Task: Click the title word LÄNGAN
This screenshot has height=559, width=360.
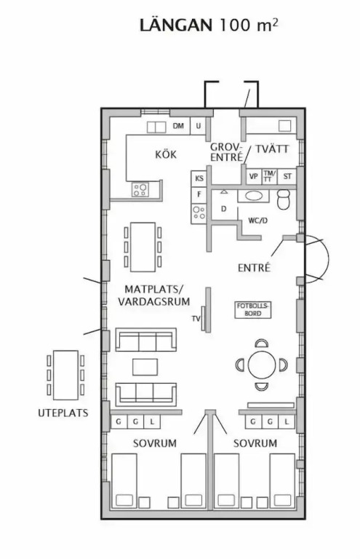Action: coord(175,25)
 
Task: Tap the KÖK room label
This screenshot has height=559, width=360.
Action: coord(166,154)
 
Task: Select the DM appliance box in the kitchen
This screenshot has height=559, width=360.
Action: coord(178,126)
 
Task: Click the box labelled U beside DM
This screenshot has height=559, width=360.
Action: coord(199,126)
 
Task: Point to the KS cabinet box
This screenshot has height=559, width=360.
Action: coord(199,178)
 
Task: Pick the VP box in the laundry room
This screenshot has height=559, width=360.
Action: coord(254,176)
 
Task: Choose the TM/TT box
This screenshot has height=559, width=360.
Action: coord(269,176)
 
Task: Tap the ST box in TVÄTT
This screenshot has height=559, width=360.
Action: coord(287,176)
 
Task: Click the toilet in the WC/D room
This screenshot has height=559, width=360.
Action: coord(284,199)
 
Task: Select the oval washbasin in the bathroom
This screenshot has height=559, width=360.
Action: coord(254,196)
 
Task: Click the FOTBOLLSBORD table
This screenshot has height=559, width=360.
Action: coord(253,310)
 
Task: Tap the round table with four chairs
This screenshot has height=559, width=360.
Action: coord(262,365)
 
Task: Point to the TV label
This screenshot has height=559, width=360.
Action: coord(196,318)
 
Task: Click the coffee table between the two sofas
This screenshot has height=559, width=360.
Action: coord(145,367)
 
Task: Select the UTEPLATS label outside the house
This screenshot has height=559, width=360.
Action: coord(63,413)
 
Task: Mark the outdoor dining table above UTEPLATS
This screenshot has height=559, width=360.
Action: coord(66,375)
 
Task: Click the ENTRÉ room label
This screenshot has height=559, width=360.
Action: coord(255,268)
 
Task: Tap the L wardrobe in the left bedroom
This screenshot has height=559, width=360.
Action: coord(152,421)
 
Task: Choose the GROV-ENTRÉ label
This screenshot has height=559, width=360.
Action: coord(226,152)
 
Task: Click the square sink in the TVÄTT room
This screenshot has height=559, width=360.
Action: coord(285,126)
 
